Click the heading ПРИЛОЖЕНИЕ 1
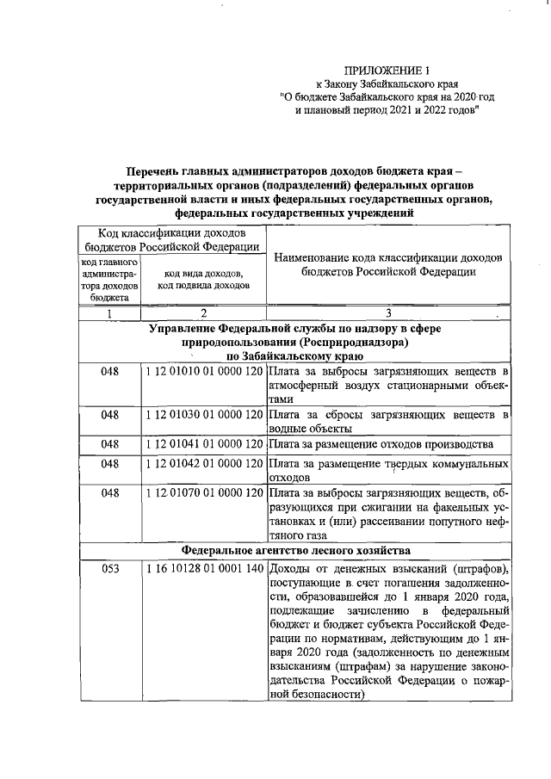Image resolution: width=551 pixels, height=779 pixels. click(x=387, y=70)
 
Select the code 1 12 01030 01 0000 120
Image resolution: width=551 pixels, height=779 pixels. click(x=204, y=415)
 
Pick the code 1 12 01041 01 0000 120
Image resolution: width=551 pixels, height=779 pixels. click(x=204, y=444)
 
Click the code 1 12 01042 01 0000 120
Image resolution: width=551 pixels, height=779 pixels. click(x=204, y=464)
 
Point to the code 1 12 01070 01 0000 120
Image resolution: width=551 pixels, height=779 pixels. click(x=204, y=493)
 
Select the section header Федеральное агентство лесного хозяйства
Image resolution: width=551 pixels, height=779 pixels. click(x=294, y=549)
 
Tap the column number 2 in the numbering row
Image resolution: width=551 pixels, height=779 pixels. click(x=203, y=313)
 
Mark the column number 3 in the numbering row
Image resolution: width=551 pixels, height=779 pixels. click(x=388, y=313)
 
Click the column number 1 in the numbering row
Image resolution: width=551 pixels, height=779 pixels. click(x=109, y=313)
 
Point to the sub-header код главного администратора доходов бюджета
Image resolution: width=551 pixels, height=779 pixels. click(x=109, y=280)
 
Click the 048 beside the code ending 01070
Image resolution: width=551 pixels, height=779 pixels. click(x=109, y=493)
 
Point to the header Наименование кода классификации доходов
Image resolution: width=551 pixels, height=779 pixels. click(x=388, y=257)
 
